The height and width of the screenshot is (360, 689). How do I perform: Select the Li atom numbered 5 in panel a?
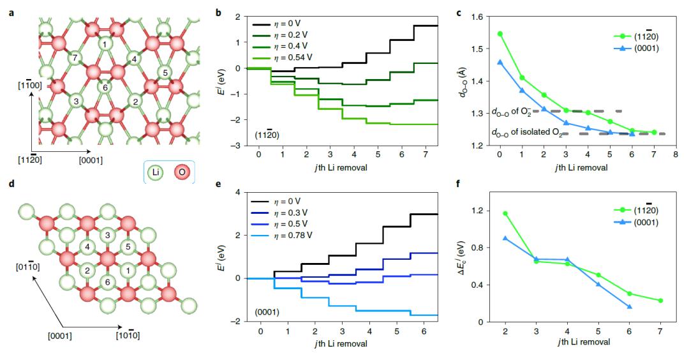[165, 73]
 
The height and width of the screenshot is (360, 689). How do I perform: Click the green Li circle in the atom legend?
[154, 172]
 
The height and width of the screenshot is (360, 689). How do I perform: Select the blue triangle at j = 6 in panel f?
[630, 307]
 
